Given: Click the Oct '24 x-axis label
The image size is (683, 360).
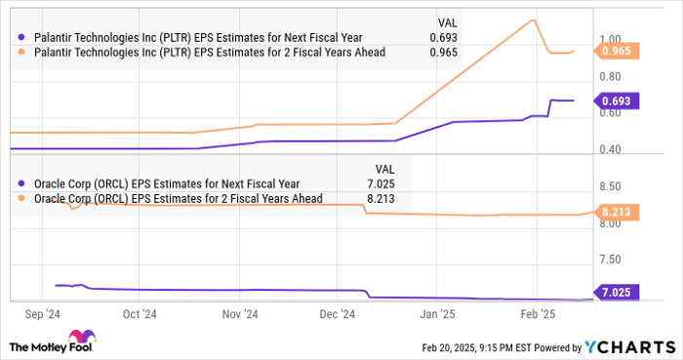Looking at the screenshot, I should (141, 315).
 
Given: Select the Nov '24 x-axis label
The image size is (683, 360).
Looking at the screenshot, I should (239, 315).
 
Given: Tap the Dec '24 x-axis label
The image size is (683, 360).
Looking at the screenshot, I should (335, 315).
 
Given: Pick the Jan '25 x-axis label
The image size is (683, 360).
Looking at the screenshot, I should (434, 315).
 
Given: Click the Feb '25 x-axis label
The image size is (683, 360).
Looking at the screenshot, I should (535, 315).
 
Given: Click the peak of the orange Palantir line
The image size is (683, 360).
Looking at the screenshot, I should (532, 20).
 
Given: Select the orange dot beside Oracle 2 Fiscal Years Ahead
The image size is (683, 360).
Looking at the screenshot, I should (21, 198).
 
